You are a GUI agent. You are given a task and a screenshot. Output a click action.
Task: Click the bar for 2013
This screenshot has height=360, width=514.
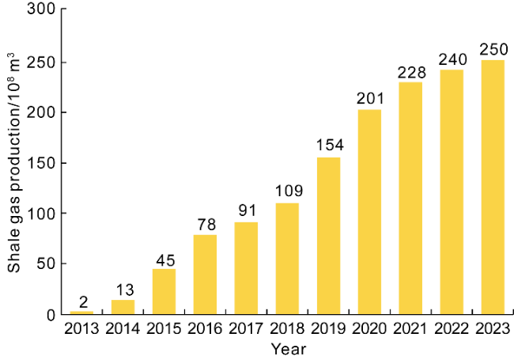[81, 313]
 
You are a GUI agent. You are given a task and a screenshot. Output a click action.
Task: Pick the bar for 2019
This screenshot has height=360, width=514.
[328, 236]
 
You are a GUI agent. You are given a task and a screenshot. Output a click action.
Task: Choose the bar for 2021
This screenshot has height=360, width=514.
[410, 198]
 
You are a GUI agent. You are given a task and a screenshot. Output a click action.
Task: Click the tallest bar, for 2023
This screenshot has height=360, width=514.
[493, 187]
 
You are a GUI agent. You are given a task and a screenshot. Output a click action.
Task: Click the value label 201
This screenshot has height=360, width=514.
[369, 99]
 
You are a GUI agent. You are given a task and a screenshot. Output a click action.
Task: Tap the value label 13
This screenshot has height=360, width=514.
[123, 290]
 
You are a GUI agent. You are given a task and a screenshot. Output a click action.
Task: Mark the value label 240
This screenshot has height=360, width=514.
[452, 59]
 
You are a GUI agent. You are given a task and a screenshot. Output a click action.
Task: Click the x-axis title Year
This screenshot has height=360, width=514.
[287, 348]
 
